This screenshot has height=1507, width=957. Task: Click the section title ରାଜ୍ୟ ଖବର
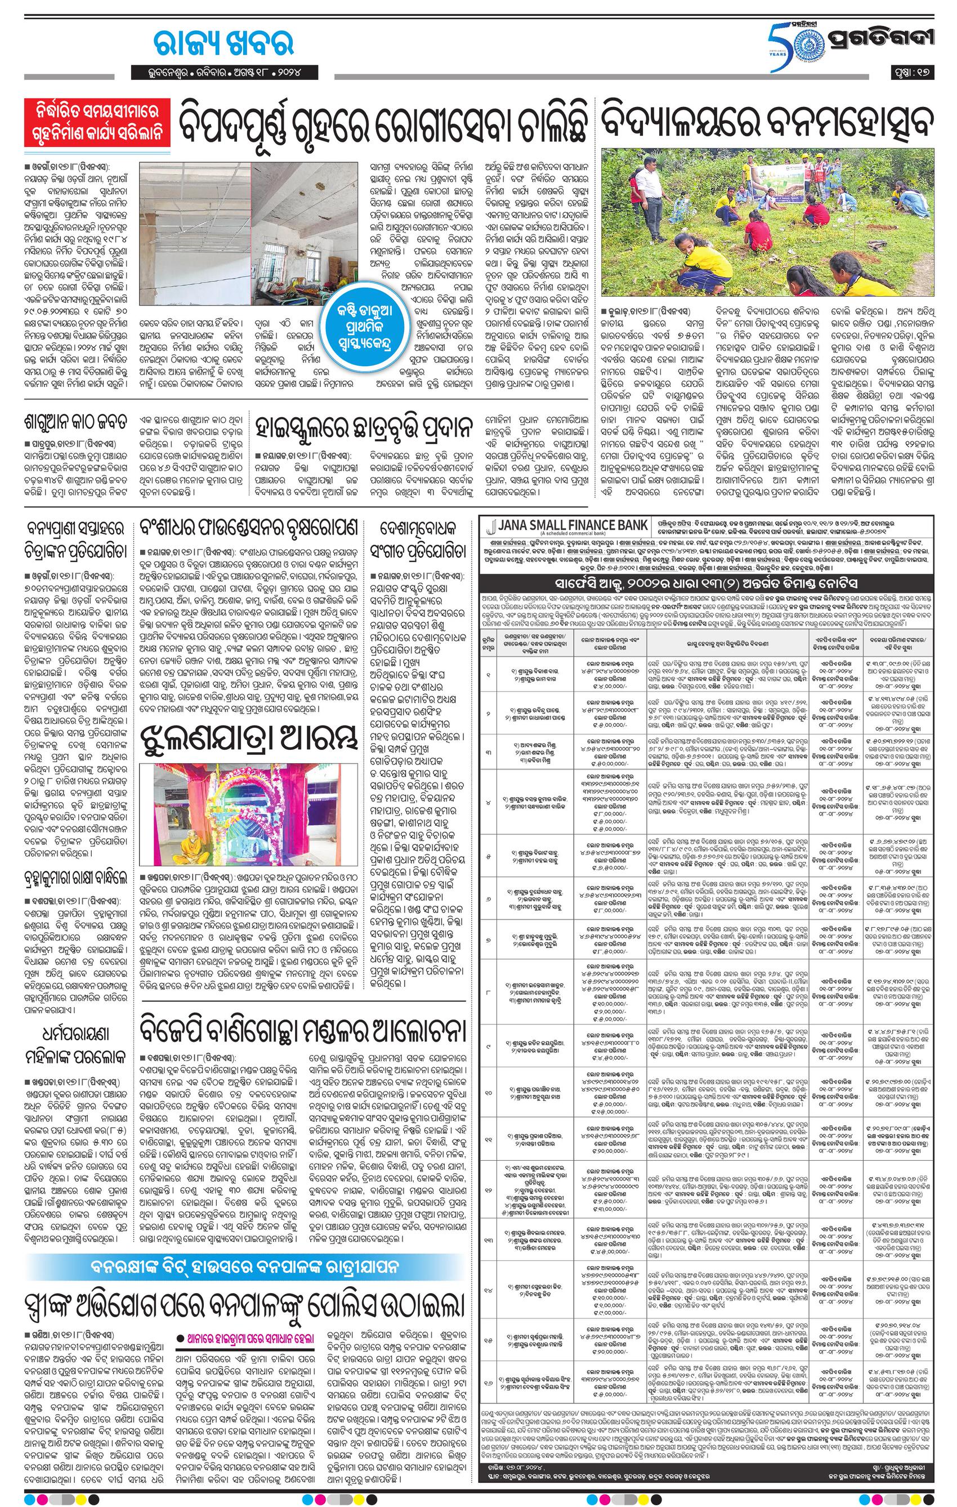point(223,44)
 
